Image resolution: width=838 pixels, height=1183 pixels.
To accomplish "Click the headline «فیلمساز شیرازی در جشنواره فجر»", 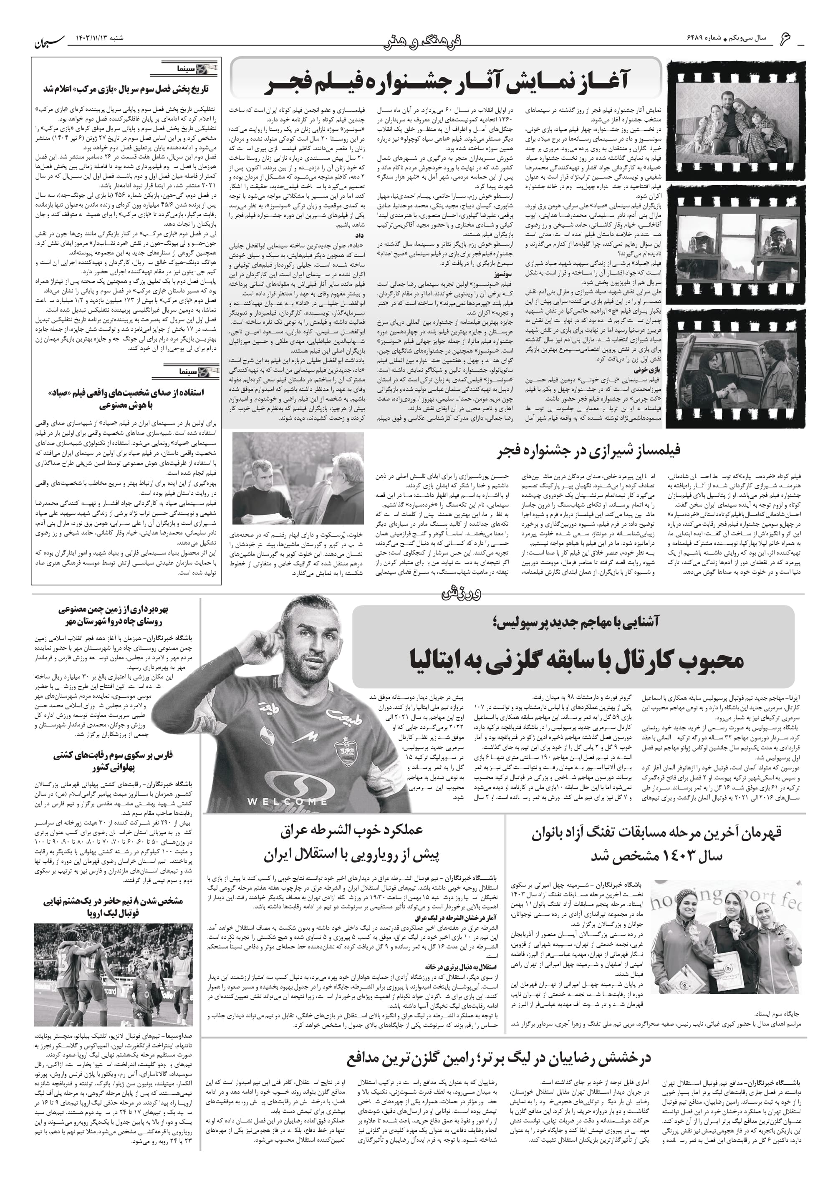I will (589, 450).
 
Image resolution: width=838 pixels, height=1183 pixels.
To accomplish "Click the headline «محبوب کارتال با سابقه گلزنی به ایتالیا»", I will (576, 660).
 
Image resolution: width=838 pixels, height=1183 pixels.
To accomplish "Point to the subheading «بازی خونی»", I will (645, 370).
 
